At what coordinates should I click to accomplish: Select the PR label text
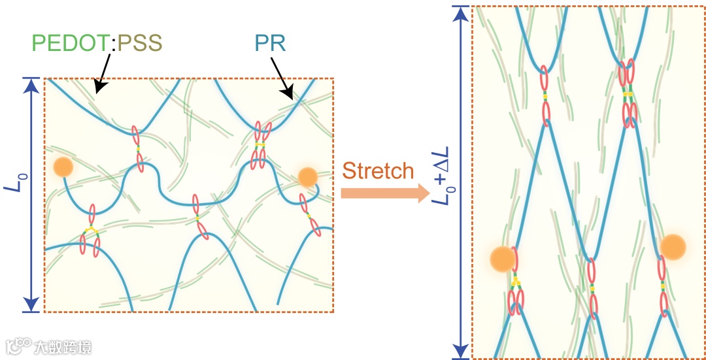pyautogui.click(x=270, y=43)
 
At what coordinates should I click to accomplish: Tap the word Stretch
pyautogui.click(x=378, y=171)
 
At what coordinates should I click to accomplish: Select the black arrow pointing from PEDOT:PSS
pyautogui.click(x=102, y=73)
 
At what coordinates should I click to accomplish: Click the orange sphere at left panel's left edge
pyautogui.click(x=63, y=167)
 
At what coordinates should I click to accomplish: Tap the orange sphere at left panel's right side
pyautogui.click(x=307, y=176)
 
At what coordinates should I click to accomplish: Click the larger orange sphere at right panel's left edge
pyautogui.click(x=503, y=259)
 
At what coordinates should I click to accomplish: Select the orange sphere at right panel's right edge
pyautogui.click(x=672, y=246)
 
